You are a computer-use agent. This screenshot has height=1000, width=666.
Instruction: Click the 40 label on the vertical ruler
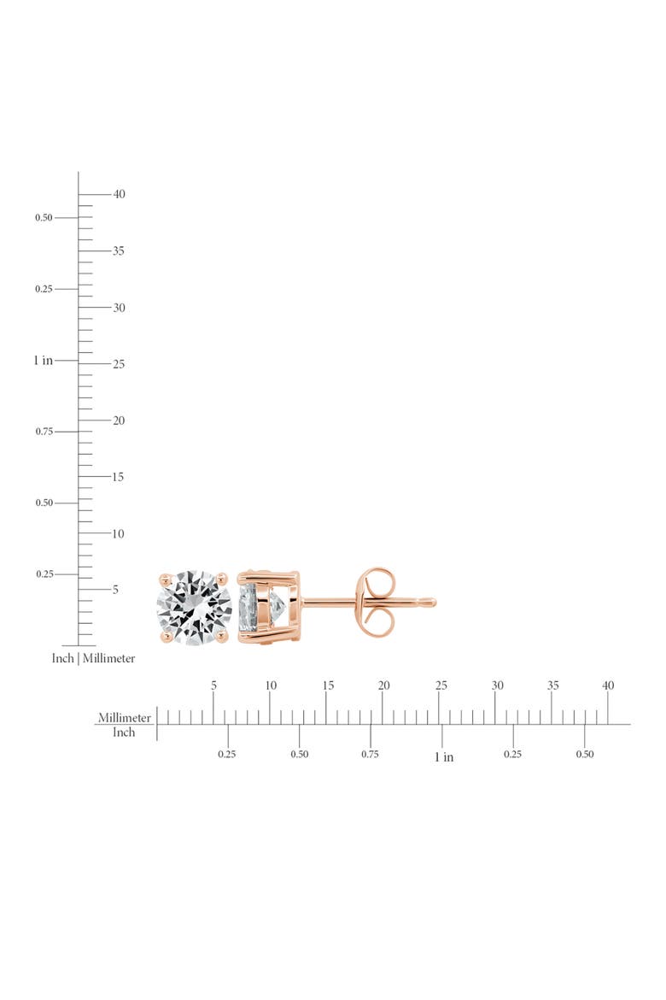120,194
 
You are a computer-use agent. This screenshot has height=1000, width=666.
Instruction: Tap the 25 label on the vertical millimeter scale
119,364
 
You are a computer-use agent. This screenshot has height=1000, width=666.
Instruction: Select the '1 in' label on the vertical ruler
44,361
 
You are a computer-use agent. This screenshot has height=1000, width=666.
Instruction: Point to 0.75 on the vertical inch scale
44,432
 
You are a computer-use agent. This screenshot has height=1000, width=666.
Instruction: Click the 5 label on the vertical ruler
115,590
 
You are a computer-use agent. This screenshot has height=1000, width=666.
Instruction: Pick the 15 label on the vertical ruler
118,477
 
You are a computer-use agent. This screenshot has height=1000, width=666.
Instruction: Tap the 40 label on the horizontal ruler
608,685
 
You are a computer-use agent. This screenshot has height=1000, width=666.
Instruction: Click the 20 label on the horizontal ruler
383,685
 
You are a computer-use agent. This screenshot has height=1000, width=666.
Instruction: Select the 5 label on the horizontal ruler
214,685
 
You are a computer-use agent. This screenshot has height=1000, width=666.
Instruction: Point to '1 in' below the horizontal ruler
444,757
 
